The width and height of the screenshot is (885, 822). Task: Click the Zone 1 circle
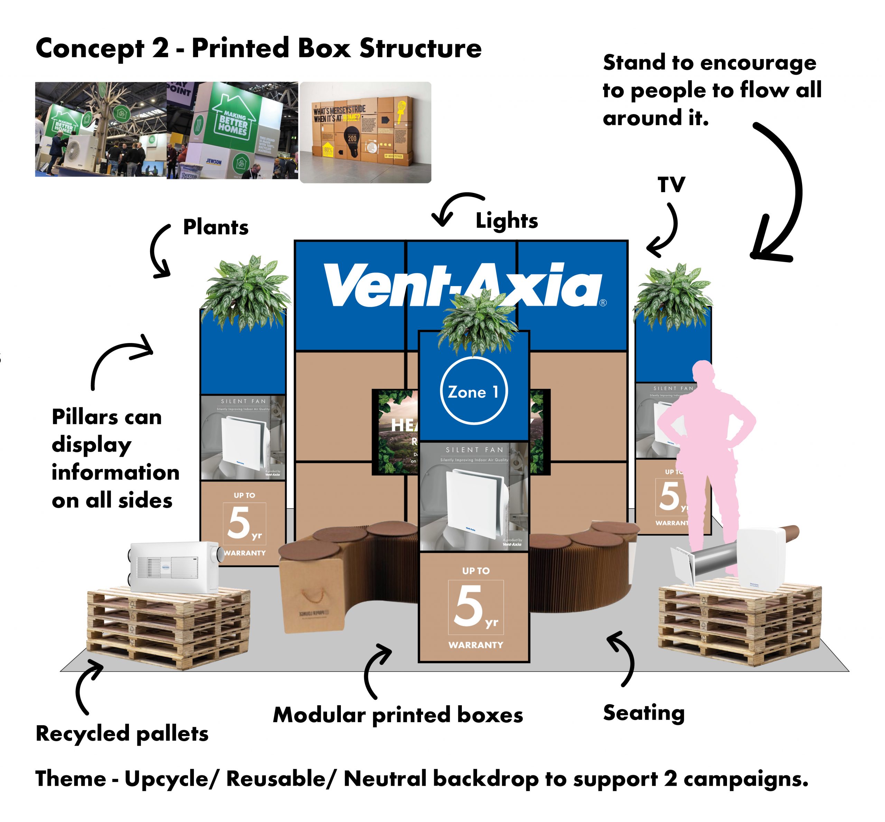473,390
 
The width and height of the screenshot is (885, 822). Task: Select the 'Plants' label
215,227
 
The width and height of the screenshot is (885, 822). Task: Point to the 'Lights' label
506,221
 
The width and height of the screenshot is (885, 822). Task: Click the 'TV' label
671,184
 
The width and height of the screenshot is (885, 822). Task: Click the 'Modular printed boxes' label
398,715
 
